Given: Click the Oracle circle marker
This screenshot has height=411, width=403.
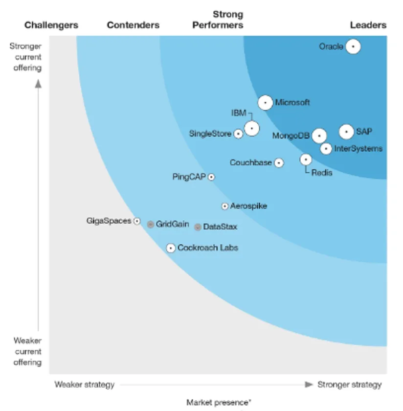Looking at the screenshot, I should pos(353,47).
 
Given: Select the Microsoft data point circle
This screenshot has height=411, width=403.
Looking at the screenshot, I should pos(265,103).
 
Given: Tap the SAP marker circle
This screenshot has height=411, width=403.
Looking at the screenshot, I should pos(346,132).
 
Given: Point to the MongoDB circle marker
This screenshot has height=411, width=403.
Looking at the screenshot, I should pos(319,136).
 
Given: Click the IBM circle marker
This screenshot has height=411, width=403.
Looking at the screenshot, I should pos(252,128).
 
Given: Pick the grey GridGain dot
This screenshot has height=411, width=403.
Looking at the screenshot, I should pos(151,224).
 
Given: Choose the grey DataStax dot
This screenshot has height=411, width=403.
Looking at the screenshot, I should pos(198,227).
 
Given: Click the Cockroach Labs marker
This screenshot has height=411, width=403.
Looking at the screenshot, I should pos(171,248).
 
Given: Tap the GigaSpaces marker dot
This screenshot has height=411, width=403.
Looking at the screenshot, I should pos(137,221).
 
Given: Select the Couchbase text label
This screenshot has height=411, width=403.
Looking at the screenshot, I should pos(250,162).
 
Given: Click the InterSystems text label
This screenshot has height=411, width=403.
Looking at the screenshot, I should pos(358,149).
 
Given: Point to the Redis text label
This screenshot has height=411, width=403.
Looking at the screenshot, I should pos(322,173).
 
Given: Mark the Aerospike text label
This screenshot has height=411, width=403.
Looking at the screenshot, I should pos(248,206).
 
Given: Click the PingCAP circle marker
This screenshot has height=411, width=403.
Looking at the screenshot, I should pos(211,177).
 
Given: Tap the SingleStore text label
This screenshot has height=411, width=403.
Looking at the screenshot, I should pos(210,134).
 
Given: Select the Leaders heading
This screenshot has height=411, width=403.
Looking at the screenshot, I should pos(368,25).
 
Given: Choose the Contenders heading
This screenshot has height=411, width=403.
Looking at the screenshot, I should pos(133,25).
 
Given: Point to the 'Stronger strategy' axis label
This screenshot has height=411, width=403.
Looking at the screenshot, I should pos(349,385).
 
